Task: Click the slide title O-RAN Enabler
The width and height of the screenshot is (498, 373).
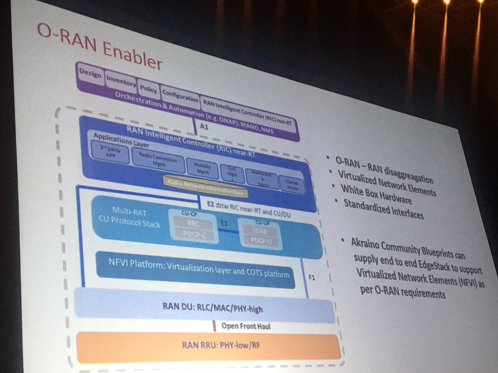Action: (x=99, y=46)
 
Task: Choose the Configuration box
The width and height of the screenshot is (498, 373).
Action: (x=180, y=97)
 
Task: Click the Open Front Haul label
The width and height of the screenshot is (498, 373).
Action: (x=245, y=326)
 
